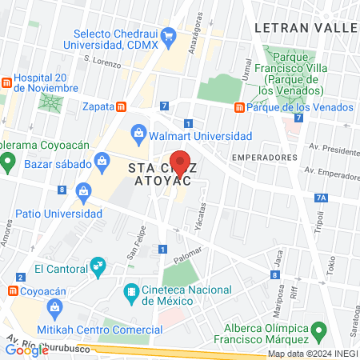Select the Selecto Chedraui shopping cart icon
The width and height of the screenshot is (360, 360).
pos(168,36)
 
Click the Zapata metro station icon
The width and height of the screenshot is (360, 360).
pos(121,106)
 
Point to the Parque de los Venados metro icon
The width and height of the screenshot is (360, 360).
pos(238,108)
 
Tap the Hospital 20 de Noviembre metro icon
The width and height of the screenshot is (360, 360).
pos(5,82)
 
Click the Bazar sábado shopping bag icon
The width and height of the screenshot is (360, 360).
pos(102,162)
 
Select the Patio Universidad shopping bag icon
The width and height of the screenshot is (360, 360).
pos(84,191)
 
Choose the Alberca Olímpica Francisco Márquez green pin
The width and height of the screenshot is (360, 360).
pos(318,330)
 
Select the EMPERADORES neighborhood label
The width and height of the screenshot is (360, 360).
pos(264,158)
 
